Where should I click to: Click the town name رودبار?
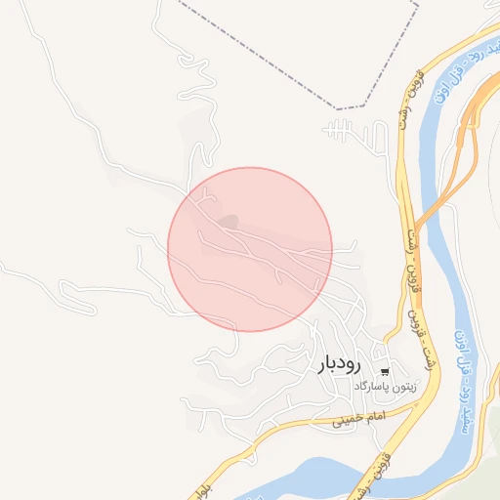click(340, 365)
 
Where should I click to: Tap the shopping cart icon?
click(386, 371)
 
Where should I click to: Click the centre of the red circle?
click(250, 250)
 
